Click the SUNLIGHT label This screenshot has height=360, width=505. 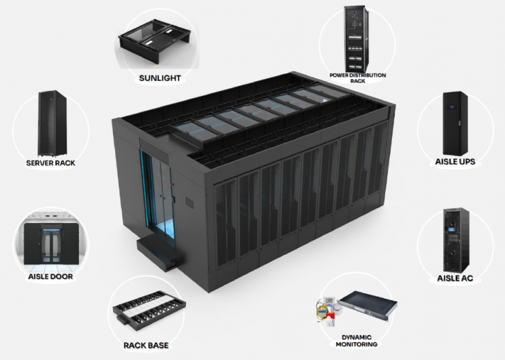coord(160,78)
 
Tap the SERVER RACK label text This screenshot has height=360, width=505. coord(51,163)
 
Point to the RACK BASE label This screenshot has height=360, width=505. coord(146,345)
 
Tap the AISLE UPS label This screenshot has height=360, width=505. coord(455,161)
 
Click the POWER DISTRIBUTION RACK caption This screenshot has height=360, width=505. coord(358,78)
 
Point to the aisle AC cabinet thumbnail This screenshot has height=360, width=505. coord(455,240)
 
